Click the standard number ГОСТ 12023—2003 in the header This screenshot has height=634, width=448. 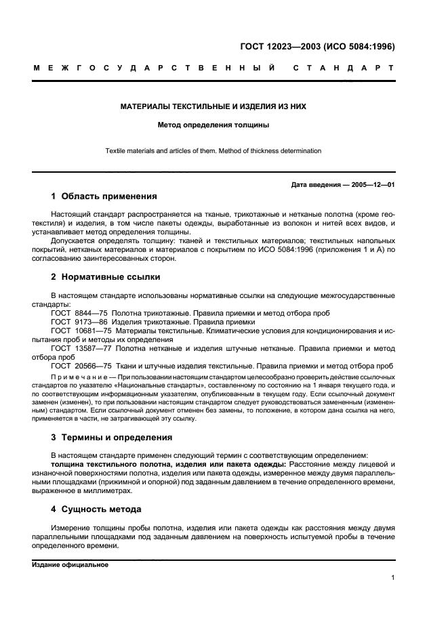pos(280,47)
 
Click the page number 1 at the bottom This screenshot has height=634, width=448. pos(392,578)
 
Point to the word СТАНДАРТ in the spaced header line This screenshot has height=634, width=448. pos(344,68)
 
